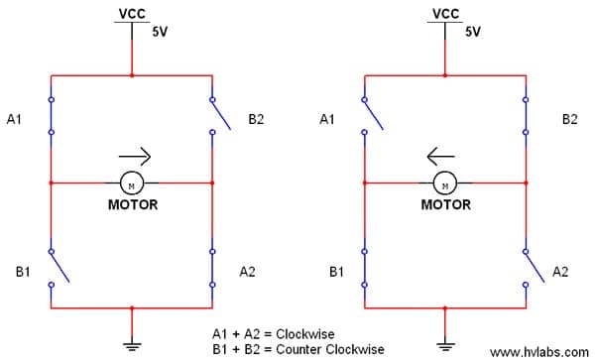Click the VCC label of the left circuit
click(132, 14)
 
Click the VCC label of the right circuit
click(446, 14)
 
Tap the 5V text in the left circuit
click(160, 32)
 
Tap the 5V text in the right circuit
click(473, 32)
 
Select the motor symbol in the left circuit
click(132, 182)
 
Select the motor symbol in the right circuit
click(445, 182)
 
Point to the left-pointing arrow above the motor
click(441, 155)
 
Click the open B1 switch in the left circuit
click(59, 267)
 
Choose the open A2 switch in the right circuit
click(534, 267)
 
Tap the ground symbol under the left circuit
click(132, 344)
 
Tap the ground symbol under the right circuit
click(446, 344)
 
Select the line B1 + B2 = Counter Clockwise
click(297, 349)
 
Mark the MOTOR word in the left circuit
click(133, 205)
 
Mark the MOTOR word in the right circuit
click(446, 205)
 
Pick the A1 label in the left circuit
click(14, 120)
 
